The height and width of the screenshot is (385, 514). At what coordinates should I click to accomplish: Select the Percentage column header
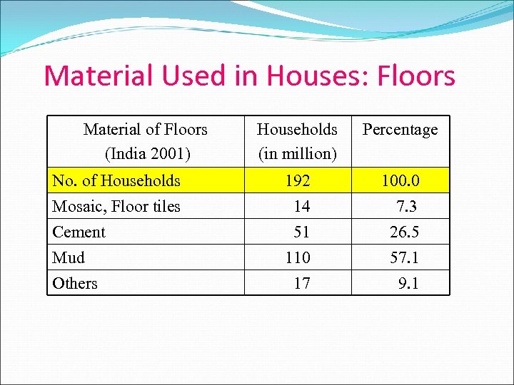click(x=400, y=130)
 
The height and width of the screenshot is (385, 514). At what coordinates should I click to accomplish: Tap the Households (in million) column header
click(x=297, y=141)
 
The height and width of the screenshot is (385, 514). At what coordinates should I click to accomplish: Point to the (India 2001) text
click(x=145, y=153)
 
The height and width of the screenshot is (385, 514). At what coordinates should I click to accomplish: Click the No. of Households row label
click(x=116, y=180)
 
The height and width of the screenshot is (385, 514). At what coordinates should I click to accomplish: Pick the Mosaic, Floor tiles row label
click(x=116, y=207)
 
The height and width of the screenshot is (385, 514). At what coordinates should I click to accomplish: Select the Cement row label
click(x=79, y=232)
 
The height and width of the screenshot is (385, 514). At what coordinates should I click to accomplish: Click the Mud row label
click(x=69, y=258)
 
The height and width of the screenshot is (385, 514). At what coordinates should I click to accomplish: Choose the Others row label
click(x=75, y=284)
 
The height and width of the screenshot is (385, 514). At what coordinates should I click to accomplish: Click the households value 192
click(x=298, y=181)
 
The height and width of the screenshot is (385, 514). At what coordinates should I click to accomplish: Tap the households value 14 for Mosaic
click(x=302, y=207)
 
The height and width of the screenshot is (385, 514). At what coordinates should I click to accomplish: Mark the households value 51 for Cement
click(x=302, y=232)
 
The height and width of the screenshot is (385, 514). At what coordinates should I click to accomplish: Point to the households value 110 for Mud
click(x=298, y=258)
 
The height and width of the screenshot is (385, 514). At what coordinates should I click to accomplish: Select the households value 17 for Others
click(x=302, y=284)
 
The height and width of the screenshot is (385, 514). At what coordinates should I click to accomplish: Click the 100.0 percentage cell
click(x=400, y=181)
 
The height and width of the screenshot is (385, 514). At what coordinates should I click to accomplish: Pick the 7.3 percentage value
click(x=406, y=207)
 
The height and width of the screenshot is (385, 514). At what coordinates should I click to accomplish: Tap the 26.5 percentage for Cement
click(x=404, y=232)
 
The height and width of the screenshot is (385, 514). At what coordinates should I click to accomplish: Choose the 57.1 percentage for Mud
click(x=404, y=258)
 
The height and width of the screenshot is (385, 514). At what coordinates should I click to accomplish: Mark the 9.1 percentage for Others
click(x=408, y=284)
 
